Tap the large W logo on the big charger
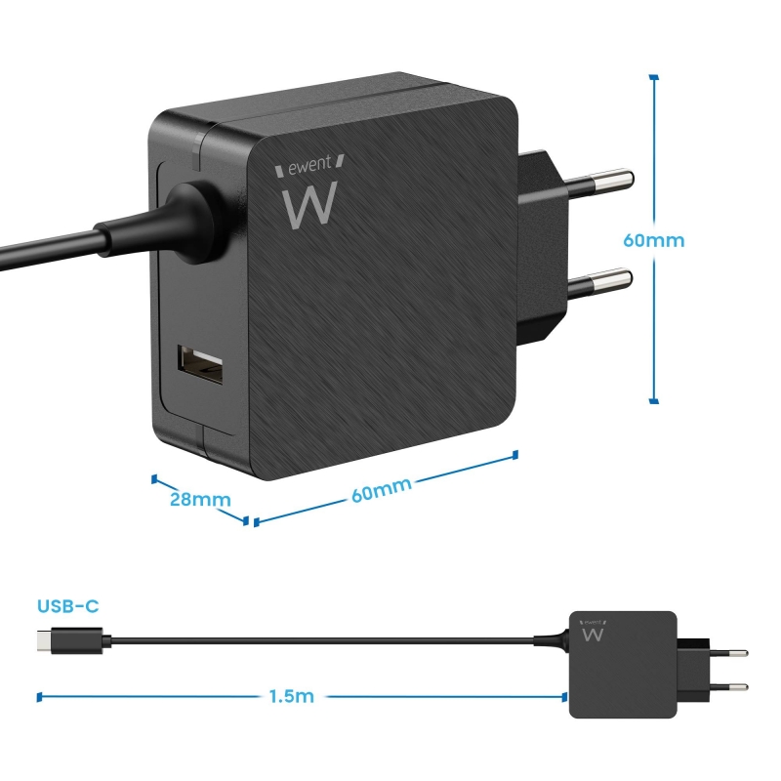point(309,203)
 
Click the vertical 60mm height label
point(655,239)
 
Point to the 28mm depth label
point(199,500)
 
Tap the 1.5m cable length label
point(292,697)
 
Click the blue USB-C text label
point(68,606)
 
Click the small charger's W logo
point(592,633)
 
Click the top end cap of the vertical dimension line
point(653,76)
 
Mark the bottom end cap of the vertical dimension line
point(653,400)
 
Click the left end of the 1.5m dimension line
point(38,697)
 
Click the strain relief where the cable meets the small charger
point(552,640)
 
